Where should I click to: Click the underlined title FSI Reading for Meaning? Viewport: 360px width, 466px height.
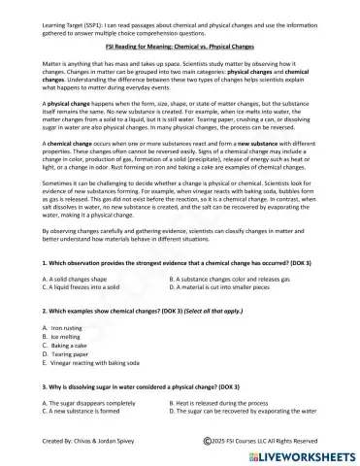[180, 45]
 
